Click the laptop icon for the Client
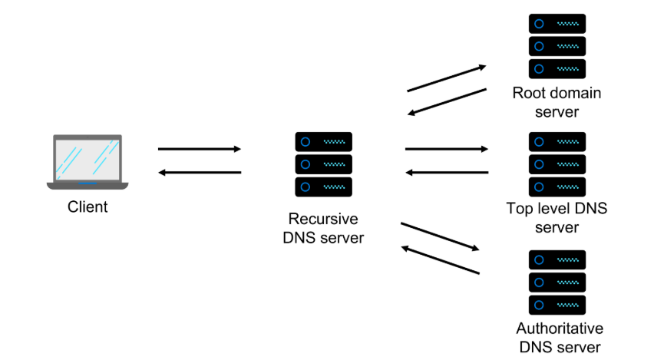[88, 163]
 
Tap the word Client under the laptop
[88, 206]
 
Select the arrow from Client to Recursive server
[199, 149]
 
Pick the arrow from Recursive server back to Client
[199, 173]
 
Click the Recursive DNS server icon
[323, 164]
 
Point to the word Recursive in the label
[323, 219]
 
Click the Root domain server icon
[557, 45]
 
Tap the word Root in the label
[529, 94]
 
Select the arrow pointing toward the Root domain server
[446, 79]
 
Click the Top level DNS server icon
[557, 164]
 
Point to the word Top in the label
[519, 208]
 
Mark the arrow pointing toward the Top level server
[446, 149]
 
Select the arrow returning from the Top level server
[446, 173]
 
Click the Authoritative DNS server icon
[557, 282]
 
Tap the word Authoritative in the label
[560, 329]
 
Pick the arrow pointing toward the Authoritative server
[440, 236]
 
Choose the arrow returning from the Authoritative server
[440, 260]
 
